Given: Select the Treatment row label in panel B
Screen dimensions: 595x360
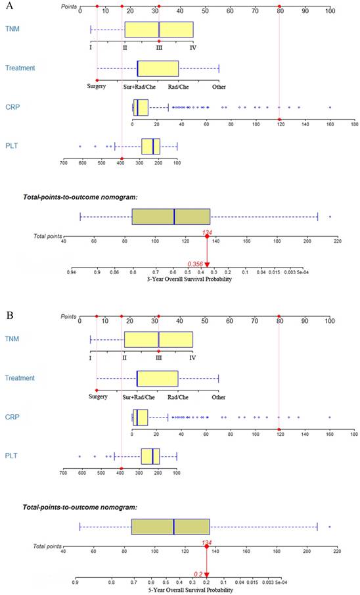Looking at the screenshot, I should pos(20,378).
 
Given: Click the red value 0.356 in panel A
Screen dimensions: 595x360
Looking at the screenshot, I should pos(194,264).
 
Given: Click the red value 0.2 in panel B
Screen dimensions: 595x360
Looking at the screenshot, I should pos(198,573).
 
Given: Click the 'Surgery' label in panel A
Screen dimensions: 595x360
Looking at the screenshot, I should pos(97,85).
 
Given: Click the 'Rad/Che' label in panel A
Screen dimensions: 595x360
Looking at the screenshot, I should pos(178,85).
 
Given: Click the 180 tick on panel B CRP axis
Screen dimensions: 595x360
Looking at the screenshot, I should pos(353,434).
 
